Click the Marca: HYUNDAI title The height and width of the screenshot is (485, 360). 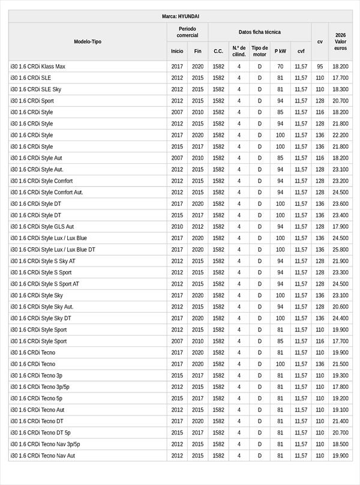180,16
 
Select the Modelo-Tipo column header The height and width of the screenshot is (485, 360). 88,41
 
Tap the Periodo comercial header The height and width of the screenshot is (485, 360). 187,32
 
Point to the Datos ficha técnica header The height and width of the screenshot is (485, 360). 259,32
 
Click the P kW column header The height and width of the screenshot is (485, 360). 280,51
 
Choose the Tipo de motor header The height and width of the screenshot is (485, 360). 260,51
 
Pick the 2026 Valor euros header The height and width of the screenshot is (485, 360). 340,41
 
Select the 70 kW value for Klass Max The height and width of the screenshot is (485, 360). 280,67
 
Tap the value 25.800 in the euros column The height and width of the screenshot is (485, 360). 340,250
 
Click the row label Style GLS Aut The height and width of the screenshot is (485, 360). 42,227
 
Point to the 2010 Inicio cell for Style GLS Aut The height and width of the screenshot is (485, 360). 177,227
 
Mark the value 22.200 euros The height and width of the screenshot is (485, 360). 340,135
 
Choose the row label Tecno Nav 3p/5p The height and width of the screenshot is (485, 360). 45,444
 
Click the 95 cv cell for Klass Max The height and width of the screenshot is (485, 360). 320,67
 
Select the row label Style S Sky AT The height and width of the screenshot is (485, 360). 43,261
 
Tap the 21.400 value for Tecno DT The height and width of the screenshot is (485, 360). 340,421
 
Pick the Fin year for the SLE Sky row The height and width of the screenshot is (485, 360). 198,89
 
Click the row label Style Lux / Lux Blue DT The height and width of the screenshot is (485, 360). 53,250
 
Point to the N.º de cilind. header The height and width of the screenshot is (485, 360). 239,51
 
